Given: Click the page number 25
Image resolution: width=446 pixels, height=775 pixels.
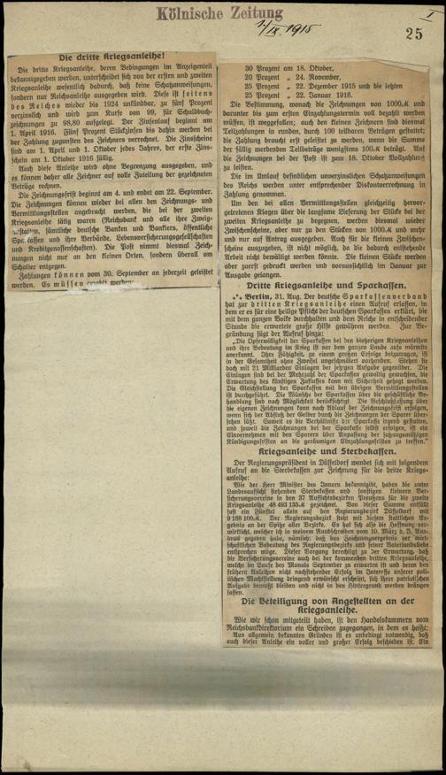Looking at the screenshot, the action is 415,35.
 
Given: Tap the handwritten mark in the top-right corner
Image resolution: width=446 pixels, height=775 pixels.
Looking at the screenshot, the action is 429,14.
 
